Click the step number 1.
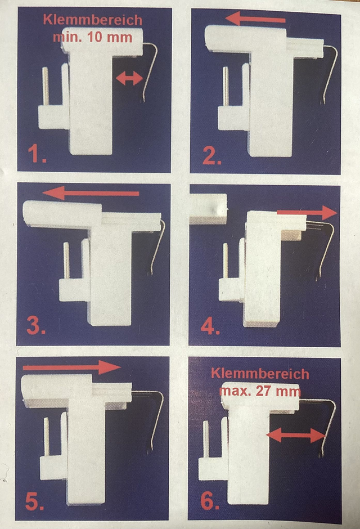click(x=37, y=154)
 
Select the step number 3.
click(x=36, y=326)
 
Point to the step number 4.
click(x=210, y=326)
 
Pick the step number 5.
click(x=34, y=501)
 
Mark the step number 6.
click(x=210, y=501)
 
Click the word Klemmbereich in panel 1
click(x=93, y=20)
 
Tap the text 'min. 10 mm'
click(x=93, y=37)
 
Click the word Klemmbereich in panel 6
click(x=260, y=374)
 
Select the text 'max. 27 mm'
click(x=260, y=391)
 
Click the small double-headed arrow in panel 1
click(x=129, y=78)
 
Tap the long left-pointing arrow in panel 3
click(x=91, y=193)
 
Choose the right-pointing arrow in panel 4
click(x=307, y=212)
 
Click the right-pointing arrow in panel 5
click(x=71, y=367)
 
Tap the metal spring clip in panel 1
click(x=150, y=71)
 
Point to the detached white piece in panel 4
click(x=208, y=208)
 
